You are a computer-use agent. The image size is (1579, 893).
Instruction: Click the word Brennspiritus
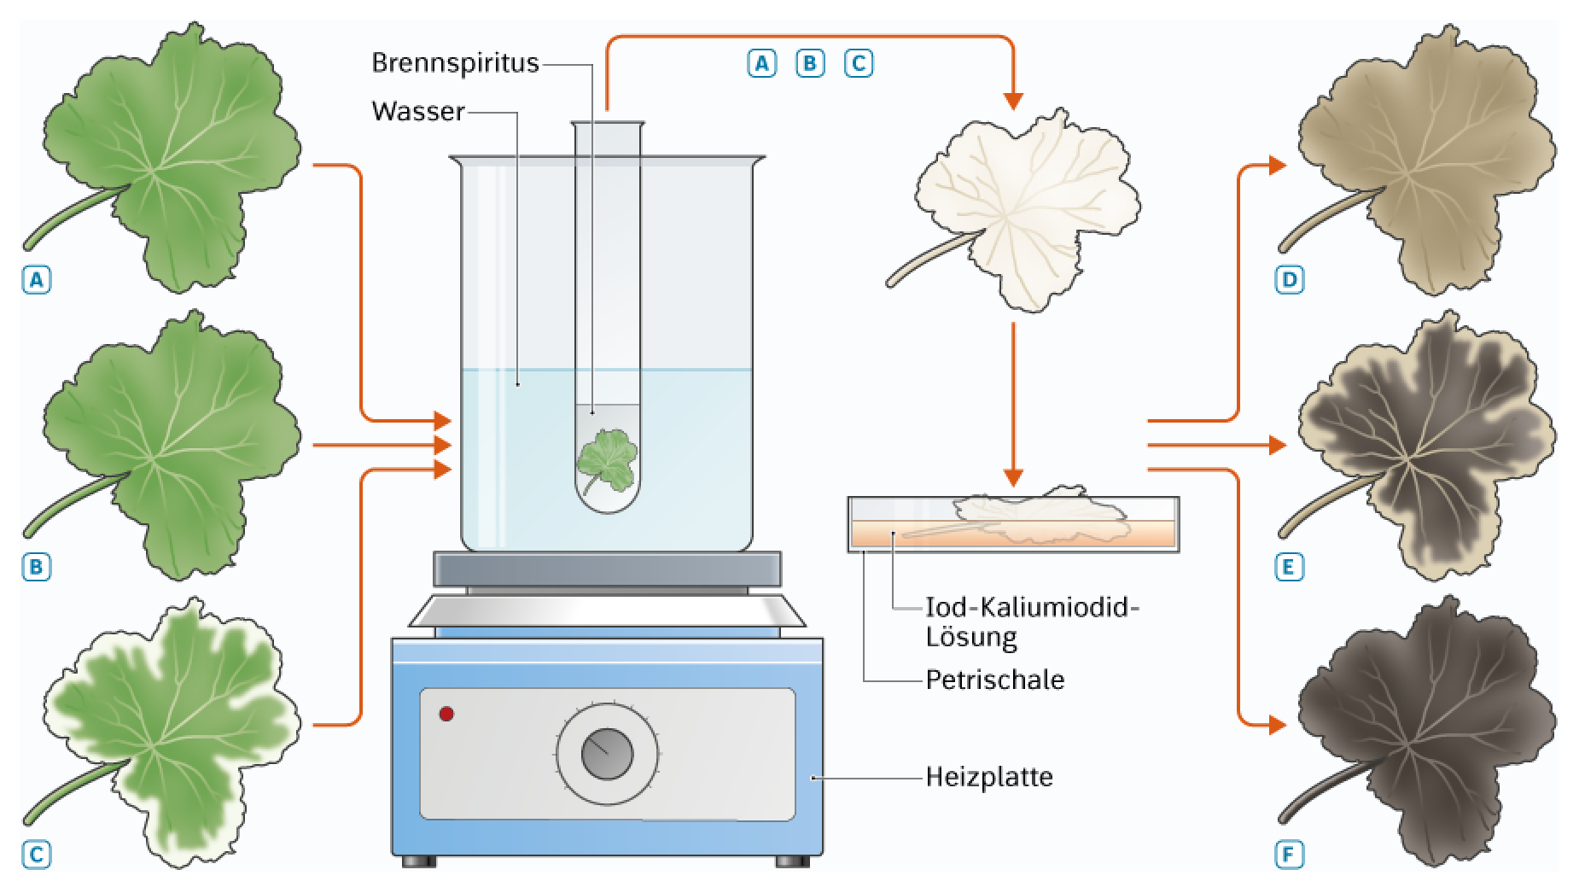pos(455,62)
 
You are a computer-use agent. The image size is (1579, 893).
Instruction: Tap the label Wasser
pos(418,111)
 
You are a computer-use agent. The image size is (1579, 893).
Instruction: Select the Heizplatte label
pos(989,777)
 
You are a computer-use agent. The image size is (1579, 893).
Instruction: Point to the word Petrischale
pos(995,680)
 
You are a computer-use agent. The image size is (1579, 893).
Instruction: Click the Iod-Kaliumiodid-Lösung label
pos(1033,622)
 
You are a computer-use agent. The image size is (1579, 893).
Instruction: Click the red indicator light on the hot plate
pos(446,714)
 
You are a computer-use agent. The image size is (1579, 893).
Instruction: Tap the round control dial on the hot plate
pos(607,754)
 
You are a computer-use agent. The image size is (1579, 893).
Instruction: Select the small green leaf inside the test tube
pos(607,462)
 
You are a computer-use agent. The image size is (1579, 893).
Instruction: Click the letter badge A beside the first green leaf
pos(37,279)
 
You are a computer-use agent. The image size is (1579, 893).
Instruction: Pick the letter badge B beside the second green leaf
pos(37,567)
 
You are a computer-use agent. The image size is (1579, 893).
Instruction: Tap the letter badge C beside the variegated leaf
pos(37,855)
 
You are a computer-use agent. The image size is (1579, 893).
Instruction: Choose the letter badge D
pos(1290,279)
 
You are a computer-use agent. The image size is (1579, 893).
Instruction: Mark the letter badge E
pos(1290,567)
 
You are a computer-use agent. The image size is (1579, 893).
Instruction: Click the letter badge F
pos(1290,855)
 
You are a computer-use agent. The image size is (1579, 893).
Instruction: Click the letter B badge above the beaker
pos(810,63)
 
